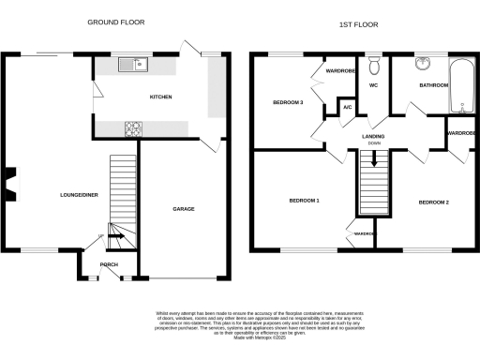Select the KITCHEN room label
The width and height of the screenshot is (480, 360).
coord(160,97)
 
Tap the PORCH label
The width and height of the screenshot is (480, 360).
coord(109,265)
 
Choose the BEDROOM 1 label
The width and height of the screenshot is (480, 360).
coord(304,201)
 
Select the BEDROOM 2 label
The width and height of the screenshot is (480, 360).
coord(434,202)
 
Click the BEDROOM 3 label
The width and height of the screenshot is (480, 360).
coord(288,101)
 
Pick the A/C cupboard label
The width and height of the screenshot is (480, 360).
coord(347,108)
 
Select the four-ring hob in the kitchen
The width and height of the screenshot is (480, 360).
coord(133,127)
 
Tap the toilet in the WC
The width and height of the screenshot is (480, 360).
coord(374,65)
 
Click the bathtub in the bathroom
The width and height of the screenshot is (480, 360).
coord(462,88)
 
